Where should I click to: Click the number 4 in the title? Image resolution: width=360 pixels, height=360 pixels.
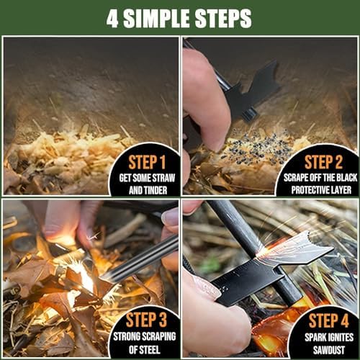114,18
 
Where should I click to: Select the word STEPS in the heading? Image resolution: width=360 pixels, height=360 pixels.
227,18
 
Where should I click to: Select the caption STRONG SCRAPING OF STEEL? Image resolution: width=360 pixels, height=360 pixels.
144,340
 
